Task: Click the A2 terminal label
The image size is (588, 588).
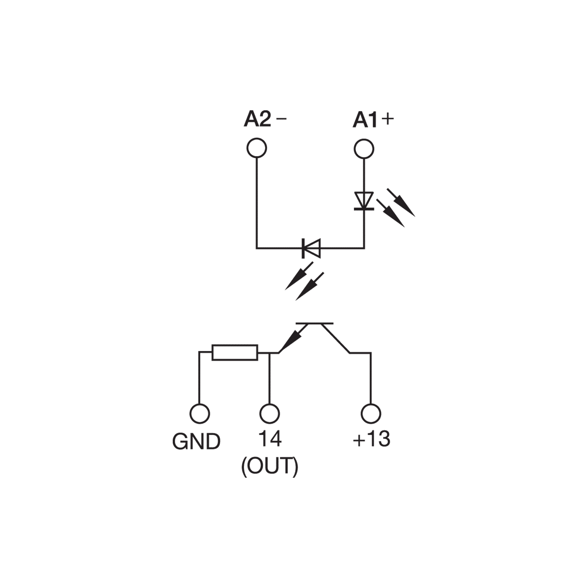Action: [258, 119]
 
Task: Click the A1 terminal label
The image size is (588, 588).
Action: [365, 120]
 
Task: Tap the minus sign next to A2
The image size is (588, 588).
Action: [281, 118]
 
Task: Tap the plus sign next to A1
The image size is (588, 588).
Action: [388, 119]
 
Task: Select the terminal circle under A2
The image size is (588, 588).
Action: [257, 148]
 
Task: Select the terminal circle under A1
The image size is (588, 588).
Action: [364, 149]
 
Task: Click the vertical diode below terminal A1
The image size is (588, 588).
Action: [364, 201]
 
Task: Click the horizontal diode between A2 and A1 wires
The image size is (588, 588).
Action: [311, 248]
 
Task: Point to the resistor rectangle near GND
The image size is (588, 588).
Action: [235, 352]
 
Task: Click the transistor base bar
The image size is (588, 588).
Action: [315, 323]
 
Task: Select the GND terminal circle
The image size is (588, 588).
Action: [200, 414]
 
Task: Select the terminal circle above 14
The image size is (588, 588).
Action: [269, 414]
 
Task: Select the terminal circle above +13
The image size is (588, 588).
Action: [371, 414]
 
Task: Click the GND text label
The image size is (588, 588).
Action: [196, 441]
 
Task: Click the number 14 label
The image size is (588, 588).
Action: [270, 439]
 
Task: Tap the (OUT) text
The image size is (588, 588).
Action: [270, 466]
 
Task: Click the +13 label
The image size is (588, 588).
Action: [372, 439]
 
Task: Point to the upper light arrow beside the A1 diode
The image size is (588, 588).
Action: [401, 202]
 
